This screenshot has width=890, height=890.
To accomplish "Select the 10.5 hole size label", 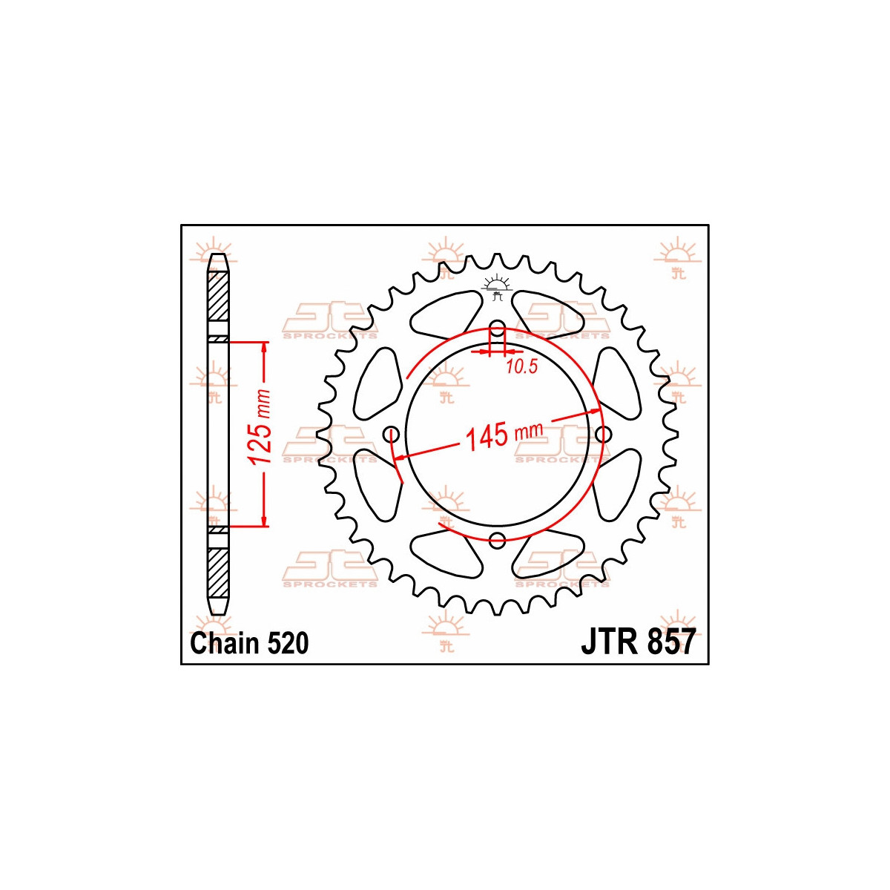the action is pyautogui.click(x=521, y=366).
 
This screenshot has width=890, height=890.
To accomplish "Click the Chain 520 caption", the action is pyautogui.click(x=249, y=644).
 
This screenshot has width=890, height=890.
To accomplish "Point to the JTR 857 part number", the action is pyautogui.click(x=637, y=642).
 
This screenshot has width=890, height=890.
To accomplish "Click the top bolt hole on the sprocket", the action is pyautogui.click(x=497, y=329).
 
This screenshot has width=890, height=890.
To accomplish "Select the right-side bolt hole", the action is pyautogui.click(x=603, y=434).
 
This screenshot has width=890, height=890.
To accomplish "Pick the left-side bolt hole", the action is pyautogui.click(x=392, y=434).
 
